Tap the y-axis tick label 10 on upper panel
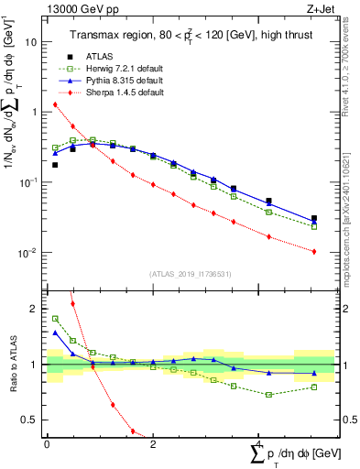(x=32, y=42)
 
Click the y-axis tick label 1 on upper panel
(x=35, y=113)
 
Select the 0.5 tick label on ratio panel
(x=29, y=420)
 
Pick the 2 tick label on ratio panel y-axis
(x=35, y=309)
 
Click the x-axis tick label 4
(x=259, y=444)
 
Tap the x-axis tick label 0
(x=47, y=444)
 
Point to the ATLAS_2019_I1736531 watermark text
(x=183, y=274)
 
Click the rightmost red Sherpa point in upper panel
(x=314, y=251)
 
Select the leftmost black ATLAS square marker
(x=55, y=165)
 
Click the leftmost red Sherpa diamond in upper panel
(x=55, y=104)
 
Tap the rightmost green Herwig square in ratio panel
(x=314, y=387)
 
